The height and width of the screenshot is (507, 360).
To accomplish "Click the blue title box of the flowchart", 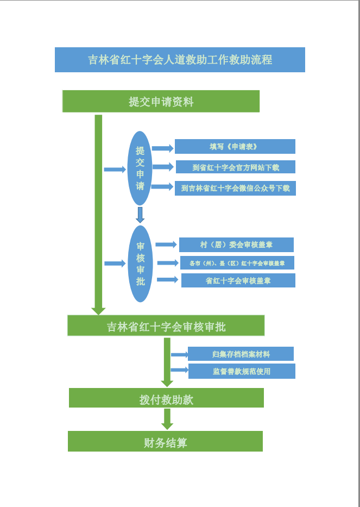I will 180,60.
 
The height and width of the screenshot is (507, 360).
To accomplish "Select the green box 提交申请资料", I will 161,102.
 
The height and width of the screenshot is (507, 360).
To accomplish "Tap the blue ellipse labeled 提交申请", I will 140,168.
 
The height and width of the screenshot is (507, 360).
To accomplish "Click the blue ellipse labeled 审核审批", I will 141,264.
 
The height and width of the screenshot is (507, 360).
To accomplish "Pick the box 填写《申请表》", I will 235,147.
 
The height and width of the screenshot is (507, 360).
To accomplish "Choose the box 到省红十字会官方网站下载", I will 235,167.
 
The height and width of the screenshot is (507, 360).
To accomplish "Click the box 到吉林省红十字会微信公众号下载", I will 235,188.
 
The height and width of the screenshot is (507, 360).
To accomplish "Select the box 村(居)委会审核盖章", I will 236,245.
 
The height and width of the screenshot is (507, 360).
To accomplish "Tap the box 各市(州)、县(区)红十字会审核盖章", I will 237,263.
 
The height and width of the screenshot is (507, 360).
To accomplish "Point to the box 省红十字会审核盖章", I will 238,280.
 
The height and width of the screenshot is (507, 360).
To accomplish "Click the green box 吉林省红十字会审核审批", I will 166,326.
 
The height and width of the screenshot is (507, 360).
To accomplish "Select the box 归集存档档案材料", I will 241,354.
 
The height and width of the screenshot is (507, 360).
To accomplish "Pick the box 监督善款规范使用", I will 241,371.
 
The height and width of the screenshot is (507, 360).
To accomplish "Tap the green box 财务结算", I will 165,441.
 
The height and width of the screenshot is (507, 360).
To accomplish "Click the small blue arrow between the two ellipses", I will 140,215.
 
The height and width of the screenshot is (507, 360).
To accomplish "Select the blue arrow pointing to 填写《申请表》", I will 162,148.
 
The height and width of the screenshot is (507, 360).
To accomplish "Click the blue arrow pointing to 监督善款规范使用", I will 180,371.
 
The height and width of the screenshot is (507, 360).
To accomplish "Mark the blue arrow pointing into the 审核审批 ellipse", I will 115,264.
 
